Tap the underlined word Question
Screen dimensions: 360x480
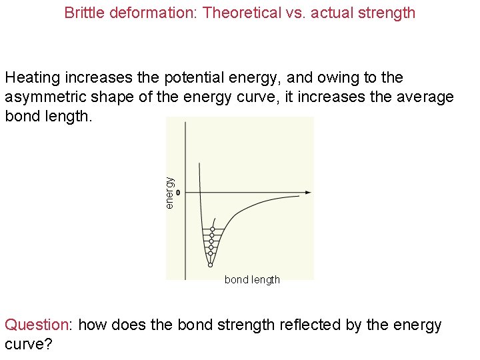coord(37,325)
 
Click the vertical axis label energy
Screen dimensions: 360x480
coord(170,192)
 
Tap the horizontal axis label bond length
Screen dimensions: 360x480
coord(252,280)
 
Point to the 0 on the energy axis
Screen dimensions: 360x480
coord(178,192)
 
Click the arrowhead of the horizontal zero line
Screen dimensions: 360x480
coord(308,192)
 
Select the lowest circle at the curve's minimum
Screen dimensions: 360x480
coord(210,264)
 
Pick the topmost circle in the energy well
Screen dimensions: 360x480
coord(213,230)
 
